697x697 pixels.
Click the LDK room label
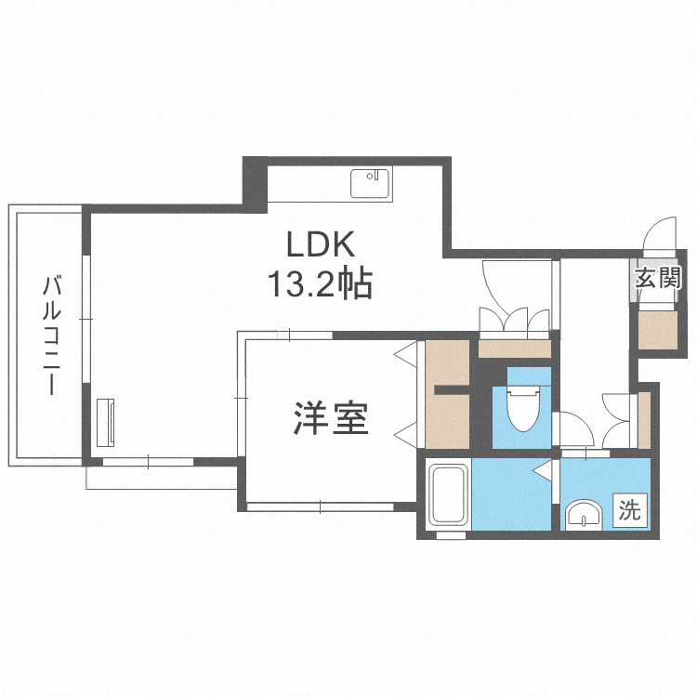(x=320, y=245)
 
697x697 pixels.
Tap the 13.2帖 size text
(x=320, y=283)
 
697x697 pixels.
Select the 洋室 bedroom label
(x=332, y=420)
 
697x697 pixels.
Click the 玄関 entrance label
(x=659, y=277)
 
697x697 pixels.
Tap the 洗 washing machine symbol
(x=631, y=509)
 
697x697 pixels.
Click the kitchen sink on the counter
(x=371, y=182)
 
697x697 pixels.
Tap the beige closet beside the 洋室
(x=446, y=395)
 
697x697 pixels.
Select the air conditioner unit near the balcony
(x=105, y=422)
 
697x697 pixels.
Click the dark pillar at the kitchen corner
(x=255, y=181)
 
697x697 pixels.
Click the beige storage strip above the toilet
(x=514, y=349)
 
